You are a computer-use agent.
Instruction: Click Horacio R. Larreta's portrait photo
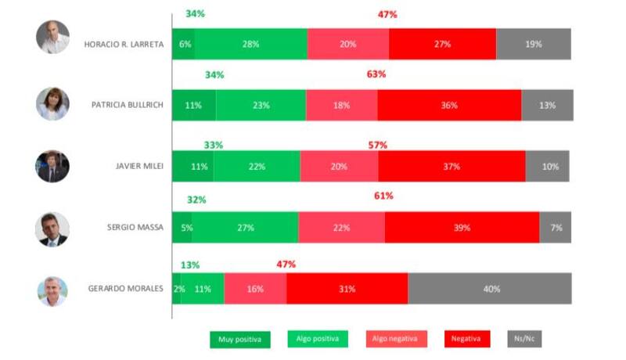[x=52, y=38]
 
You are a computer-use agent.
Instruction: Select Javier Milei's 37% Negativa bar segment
[x=452, y=167]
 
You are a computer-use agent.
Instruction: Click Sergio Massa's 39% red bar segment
[x=462, y=228]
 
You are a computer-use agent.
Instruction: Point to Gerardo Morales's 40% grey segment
[x=490, y=289]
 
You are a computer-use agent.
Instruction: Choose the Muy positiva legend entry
[x=240, y=339]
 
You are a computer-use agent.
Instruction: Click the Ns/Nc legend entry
[x=524, y=339]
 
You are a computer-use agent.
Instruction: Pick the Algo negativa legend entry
[x=397, y=339]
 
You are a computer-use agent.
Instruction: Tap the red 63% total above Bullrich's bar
[x=377, y=75]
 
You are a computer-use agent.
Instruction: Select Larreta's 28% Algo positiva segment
[x=250, y=45]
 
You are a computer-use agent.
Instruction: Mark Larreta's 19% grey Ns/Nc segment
[x=534, y=45]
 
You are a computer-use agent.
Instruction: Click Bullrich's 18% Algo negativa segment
[x=341, y=106]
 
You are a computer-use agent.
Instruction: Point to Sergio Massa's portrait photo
[x=52, y=229]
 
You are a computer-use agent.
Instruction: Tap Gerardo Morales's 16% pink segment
[x=255, y=289]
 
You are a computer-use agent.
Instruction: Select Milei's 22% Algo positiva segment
[x=256, y=167]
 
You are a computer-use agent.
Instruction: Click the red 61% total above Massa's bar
[x=383, y=196]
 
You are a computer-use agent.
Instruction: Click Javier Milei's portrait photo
[x=52, y=167]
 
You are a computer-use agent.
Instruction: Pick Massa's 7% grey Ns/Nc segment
[x=556, y=228]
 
